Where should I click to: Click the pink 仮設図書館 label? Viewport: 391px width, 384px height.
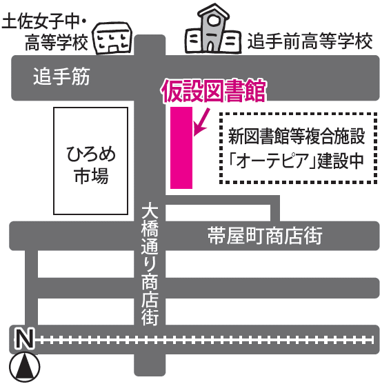(214, 91)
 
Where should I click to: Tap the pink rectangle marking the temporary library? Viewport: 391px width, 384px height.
(181, 148)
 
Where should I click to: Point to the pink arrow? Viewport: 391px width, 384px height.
(201, 123)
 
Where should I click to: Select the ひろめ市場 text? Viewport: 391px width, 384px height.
(91, 165)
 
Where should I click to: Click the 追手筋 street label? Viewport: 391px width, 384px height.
(61, 77)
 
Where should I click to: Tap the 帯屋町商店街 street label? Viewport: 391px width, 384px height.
(265, 235)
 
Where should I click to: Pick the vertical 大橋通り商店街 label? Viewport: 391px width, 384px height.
(150, 265)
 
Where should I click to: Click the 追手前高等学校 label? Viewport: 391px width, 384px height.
(310, 41)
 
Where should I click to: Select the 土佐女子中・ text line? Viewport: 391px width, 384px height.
(44, 21)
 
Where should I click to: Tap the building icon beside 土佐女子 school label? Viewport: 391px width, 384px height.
(112, 38)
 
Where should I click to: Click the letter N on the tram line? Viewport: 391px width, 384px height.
(24, 338)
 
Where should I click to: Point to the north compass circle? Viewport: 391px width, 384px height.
(25, 367)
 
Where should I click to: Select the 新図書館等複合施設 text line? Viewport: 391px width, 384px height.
(297, 136)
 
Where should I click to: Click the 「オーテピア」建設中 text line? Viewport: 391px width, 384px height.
(297, 161)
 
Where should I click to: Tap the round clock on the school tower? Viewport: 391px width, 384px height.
(213, 21)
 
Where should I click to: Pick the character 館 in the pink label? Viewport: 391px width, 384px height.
(255, 91)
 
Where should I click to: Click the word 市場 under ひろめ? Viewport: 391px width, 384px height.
(91, 176)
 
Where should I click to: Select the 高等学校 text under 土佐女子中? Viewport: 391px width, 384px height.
(57, 42)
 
